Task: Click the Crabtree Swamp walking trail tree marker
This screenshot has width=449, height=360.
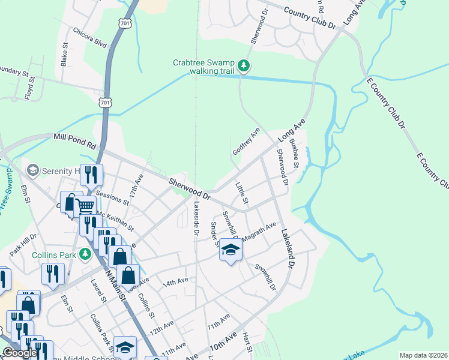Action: [x=244, y=65]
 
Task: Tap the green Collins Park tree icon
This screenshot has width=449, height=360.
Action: [x=85, y=253]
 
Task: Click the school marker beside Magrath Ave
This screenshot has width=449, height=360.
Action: [x=229, y=250]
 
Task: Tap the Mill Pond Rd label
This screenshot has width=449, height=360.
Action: [x=74, y=141]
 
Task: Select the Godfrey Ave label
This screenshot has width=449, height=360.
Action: [x=246, y=141]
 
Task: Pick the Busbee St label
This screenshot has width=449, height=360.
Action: [x=294, y=153]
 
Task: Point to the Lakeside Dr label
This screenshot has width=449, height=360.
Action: [x=196, y=217]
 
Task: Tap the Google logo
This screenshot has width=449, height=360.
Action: [x=20, y=353]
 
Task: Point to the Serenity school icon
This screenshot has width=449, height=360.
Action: [x=32, y=171]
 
